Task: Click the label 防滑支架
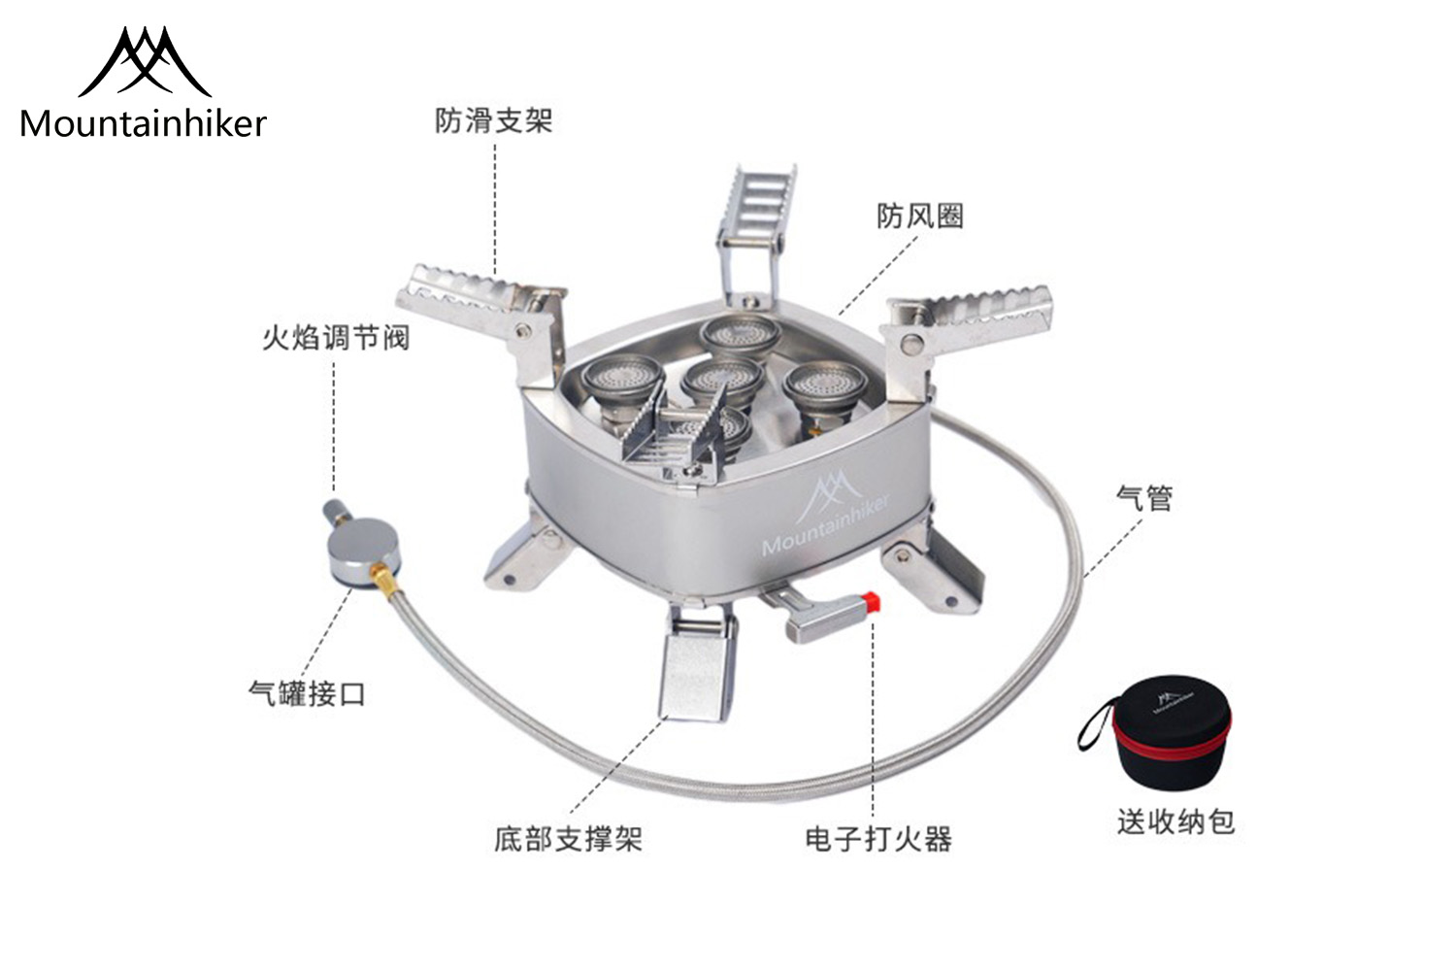(x=493, y=121)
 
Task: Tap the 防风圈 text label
(x=920, y=217)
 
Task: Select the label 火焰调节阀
(x=336, y=338)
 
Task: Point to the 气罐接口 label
(x=307, y=694)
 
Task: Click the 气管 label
(x=1144, y=498)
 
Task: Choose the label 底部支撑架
(x=568, y=839)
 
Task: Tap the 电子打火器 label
(x=878, y=839)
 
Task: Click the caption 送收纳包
(x=1175, y=821)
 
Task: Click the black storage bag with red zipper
(x=1170, y=732)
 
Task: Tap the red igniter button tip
(x=871, y=602)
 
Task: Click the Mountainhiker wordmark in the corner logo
(x=144, y=123)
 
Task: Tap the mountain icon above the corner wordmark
(x=145, y=62)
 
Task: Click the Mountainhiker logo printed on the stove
(x=825, y=513)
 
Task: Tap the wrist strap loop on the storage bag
(x=1092, y=725)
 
